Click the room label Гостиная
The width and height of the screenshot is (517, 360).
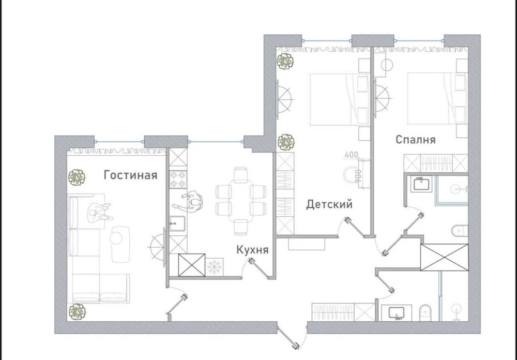click(130, 175)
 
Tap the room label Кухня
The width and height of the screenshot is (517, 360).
click(252, 250)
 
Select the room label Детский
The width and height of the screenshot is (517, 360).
click(329, 204)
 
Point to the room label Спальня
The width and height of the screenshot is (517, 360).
click(415, 140)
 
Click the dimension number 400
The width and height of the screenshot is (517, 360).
click(352, 154)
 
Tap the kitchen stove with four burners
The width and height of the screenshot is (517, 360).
click(178, 179)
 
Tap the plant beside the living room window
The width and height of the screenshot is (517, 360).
click(77, 177)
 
